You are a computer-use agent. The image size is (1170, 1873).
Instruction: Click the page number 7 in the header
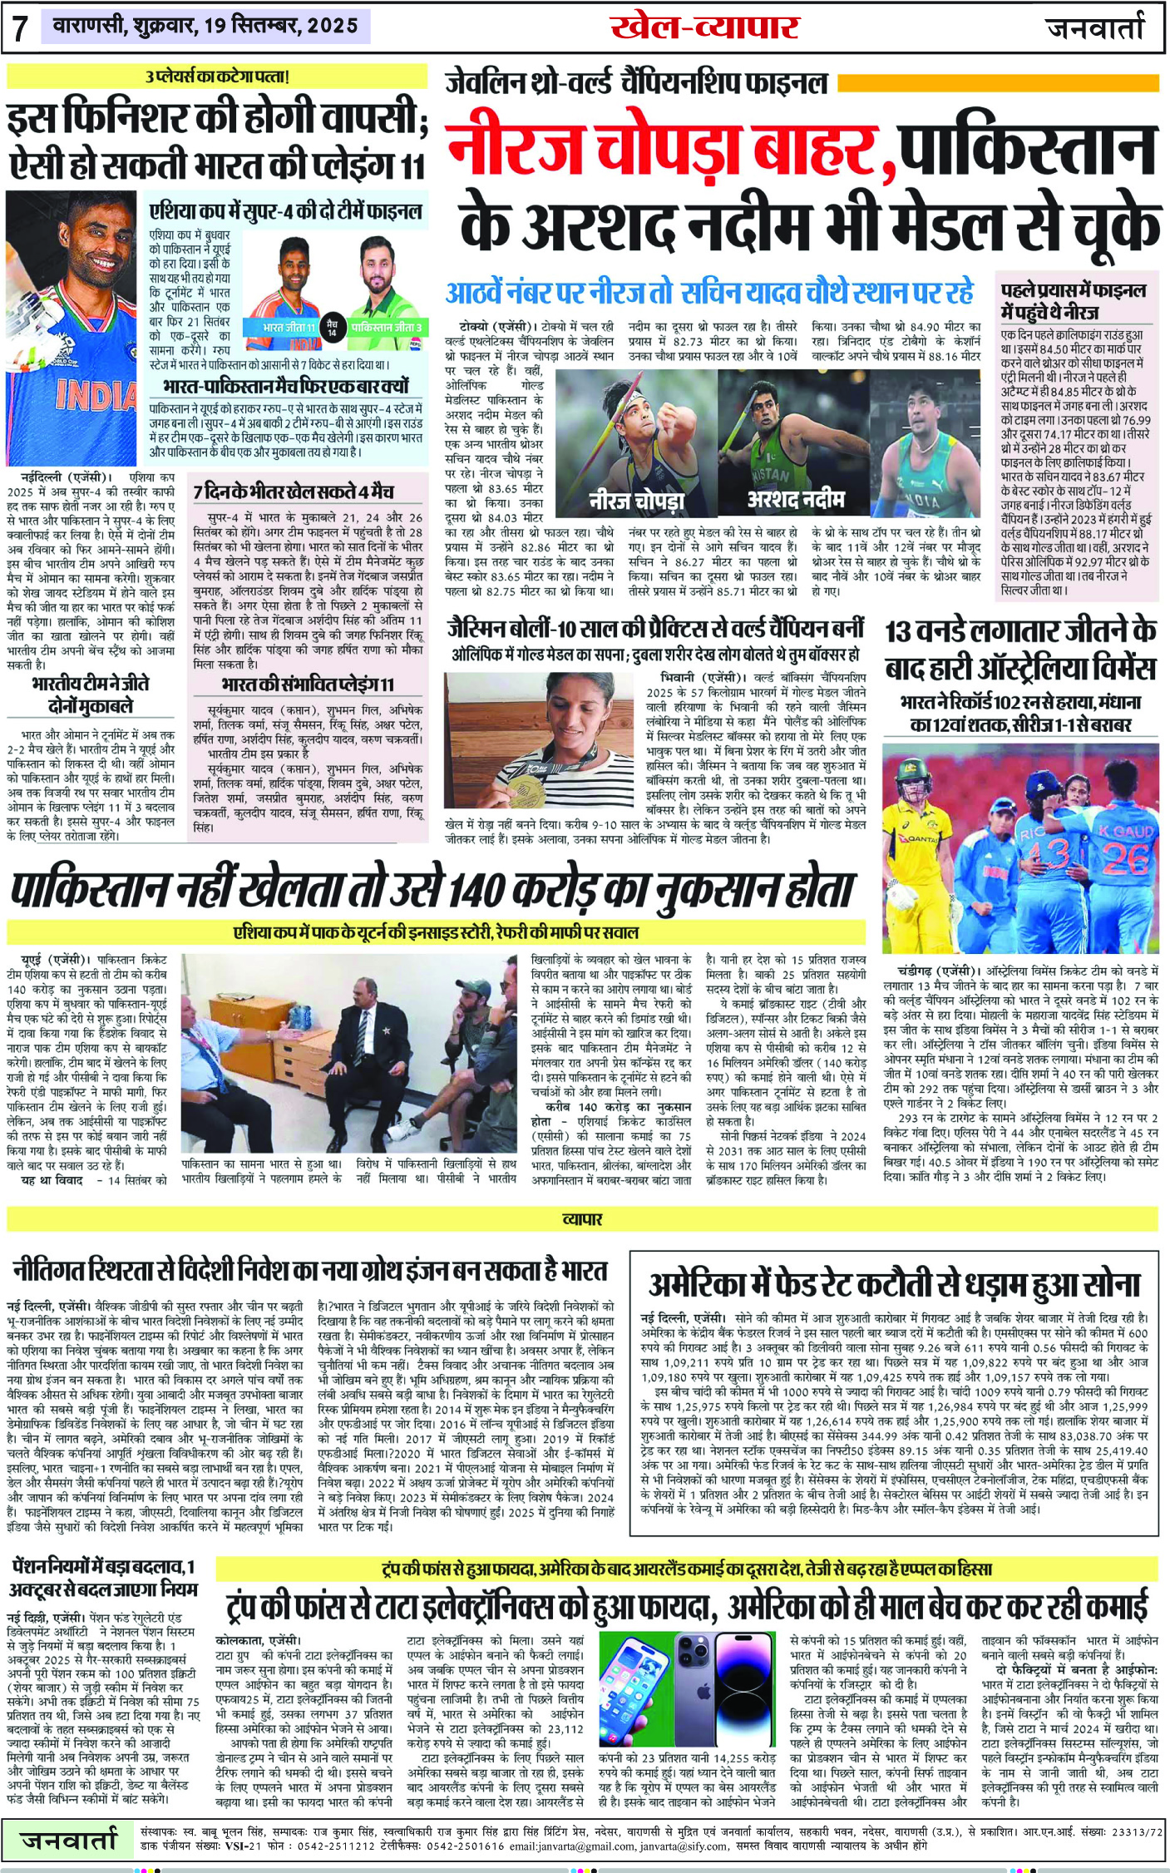pyautogui.click(x=21, y=28)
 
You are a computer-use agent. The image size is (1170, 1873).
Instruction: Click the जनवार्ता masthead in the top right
pyautogui.click(x=1095, y=27)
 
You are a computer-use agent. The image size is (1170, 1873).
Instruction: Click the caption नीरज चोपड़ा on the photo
pyautogui.click(x=636, y=501)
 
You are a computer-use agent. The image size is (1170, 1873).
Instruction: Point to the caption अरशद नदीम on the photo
pyautogui.click(x=796, y=499)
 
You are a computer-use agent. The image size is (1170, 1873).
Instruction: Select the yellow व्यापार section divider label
pyautogui.click(x=582, y=1219)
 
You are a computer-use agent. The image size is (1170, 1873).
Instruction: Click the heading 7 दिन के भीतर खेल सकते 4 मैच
pyautogui.click(x=294, y=492)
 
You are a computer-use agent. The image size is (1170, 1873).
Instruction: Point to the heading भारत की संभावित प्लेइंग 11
pyautogui.click(x=307, y=684)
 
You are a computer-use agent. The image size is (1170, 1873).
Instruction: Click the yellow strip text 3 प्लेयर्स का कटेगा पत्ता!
pyautogui.click(x=217, y=77)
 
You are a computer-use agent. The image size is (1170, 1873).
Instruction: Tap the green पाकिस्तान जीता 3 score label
pyautogui.click(x=386, y=328)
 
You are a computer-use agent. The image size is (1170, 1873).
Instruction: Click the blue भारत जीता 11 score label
pyautogui.click(x=289, y=328)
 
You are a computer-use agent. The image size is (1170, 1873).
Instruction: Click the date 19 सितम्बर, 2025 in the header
pyautogui.click(x=280, y=26)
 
